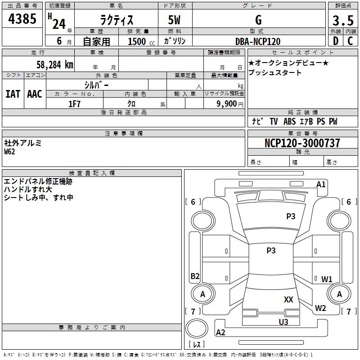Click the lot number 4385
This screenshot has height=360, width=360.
[22, 19]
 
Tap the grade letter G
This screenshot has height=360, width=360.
[258, 20]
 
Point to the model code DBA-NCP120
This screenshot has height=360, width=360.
[258, 41]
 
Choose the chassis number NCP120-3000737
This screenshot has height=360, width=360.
[302, 143]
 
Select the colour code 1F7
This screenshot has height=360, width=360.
[74, 103]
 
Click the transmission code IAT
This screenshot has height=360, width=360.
[13, 94]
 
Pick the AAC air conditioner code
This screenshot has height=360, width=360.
[35, 94]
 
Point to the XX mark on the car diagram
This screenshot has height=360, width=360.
[288, 299]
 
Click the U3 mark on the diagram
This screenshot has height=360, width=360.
[283, 322]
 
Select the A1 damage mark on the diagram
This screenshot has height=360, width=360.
[321, 184]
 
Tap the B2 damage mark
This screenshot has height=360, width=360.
[195, 276]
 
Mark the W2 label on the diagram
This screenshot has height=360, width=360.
[320, 308]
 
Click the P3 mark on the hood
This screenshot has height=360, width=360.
[291, 216]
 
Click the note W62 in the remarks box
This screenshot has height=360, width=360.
[9, 151]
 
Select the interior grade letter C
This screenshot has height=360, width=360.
[350, 41]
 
